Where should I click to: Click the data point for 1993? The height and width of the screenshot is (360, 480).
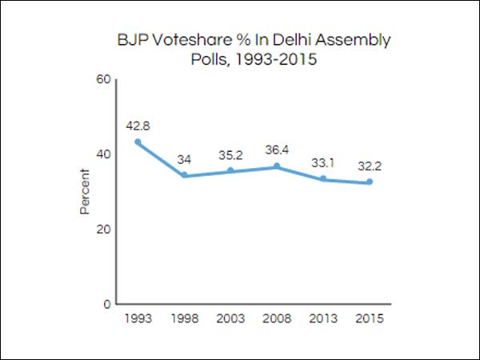click(138, 142)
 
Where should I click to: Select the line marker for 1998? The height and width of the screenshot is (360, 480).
click(184, 175)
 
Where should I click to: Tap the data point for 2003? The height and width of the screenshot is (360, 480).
click(230, 170)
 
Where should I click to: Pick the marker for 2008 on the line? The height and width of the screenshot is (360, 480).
click(277, 166)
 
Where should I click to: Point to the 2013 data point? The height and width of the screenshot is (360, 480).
click(323, 178)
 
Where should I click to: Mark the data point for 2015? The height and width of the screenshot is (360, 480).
click(370, 182)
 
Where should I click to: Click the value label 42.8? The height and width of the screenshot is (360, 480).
click(138, 125)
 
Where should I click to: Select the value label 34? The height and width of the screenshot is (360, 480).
click(184, 158)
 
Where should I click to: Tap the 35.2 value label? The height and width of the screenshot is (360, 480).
click(230, 154)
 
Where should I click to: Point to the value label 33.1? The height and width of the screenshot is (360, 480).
click(323, 162)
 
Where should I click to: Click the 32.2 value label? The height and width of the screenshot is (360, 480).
click(370, 166)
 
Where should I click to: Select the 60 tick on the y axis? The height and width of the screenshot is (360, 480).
click(103, 79)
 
